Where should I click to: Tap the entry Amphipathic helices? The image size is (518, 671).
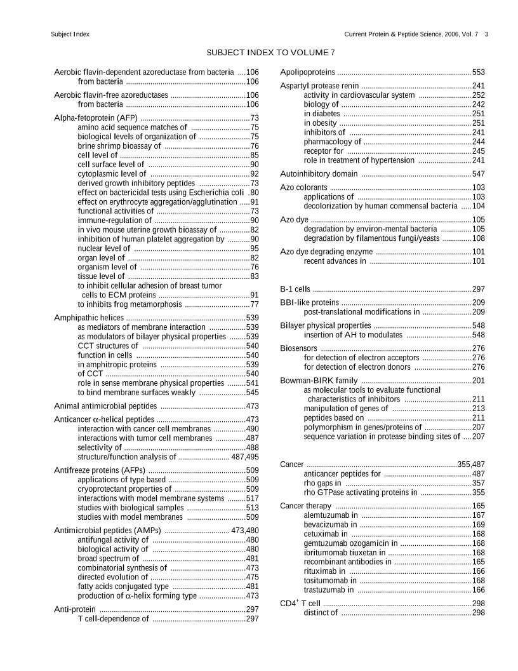pos(89,317)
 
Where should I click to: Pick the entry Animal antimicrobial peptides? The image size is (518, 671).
pos(105,405)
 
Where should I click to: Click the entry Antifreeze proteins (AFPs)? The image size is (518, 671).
pos(100,470)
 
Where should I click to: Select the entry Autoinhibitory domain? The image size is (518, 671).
pos(319,173)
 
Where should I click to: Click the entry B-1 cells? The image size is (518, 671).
pos(295,289)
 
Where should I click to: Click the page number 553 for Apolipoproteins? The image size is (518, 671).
pos(478,72)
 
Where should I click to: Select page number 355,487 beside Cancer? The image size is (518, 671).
pos(471,464)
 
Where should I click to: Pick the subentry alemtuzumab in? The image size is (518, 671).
pos(330,515)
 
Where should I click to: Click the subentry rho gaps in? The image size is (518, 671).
pos(322,483)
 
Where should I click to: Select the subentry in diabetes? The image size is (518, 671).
pos(322,113)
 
